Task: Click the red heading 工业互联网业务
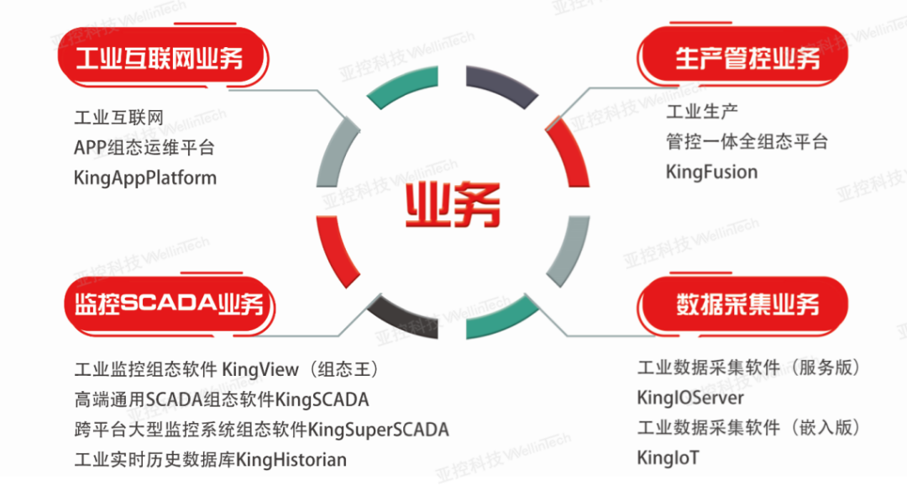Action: pyautogui.click(x=160, y=59)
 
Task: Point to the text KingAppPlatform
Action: pyautogui.click(x=145, y=178)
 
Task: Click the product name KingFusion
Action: pyautogui.click(x=711, y=172)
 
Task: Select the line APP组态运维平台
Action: pyautogui.click(x=144, y=147)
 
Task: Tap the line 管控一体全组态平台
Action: pyautogui.click(x=747, y=141)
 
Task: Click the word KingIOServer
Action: pyautogui.click(x=690, y=398)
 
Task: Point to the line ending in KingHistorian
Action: pyautogui.click(x=210, y=460)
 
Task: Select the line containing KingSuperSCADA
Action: pyautogui.click(x=261, y=430)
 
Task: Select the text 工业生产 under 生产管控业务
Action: pyautogui.click(x=702, y=111)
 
